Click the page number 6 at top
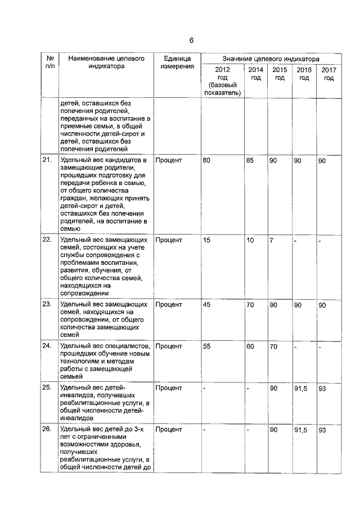pyautogui.click(x=191, y=40)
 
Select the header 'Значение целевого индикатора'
pyautogui.click(x=270, y=58)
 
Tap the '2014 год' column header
pyautogui.click(x=255, y=74)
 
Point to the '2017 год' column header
pyautogui.click(x=328, y=74)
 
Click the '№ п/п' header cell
pyautogui.click(x=49, y=62)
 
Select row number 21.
pyautogui.click(x=47, y=161)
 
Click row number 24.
pyautogui.click(x=47, y=346)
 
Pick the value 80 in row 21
pyautogui.click(x=206, y=161)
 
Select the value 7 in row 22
pyautogui.click(x=271, y=240)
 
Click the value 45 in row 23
pyautogui.click(x=206, y=305)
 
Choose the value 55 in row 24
pyautogui.click(x=206, y=346)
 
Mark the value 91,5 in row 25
pyautogui.click(x=301, y=388)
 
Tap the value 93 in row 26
pyautogui.click(x=322, y=430)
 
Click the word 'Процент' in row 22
pyautogui.click(x=169, y=240)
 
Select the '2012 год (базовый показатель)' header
pyautogui.click(x=222, y=81)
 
